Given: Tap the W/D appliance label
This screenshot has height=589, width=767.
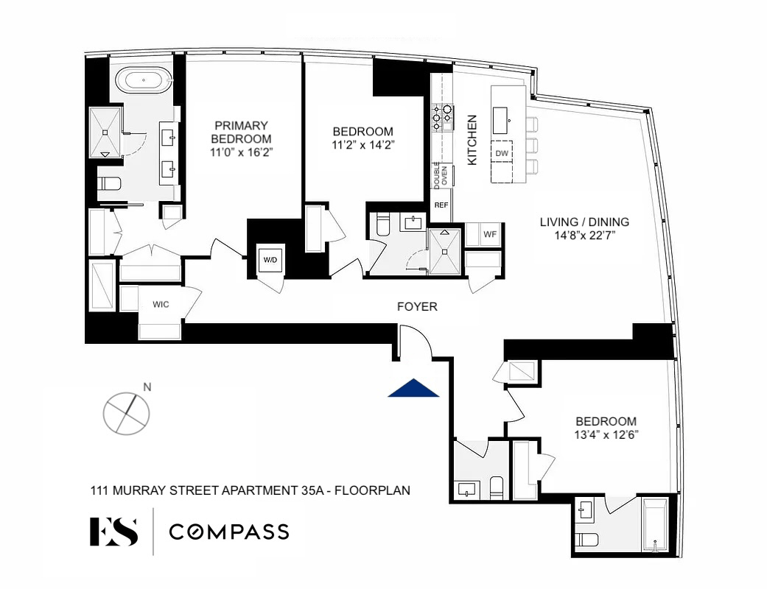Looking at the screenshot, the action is tap(270, 260).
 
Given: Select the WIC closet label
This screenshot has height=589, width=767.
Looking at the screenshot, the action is tap(161, 305).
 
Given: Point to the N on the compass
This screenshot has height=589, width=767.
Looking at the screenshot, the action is tap(147, 387).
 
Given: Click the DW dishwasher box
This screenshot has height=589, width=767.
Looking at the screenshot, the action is tap(502, 153).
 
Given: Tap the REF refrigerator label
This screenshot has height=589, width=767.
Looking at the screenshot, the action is tap(441, 205).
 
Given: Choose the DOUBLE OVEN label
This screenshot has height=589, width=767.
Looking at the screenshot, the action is tap(441, 175).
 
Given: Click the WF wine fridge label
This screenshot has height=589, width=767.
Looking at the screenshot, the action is tap(490, 234).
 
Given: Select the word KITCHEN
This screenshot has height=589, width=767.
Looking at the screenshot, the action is tap(472, 140).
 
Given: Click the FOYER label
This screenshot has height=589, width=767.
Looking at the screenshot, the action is tap(417, 306).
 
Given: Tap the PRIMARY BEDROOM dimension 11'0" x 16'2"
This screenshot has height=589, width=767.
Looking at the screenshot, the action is tap(241, 152).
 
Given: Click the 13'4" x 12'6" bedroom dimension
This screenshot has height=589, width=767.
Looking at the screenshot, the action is tap(606, 434).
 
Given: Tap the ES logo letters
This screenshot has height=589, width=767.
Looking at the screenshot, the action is tap(113, 532).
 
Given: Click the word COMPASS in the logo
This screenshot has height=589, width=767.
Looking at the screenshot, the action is tap(229, 532).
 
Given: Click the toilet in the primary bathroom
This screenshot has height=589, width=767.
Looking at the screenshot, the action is tap(109, 184).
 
